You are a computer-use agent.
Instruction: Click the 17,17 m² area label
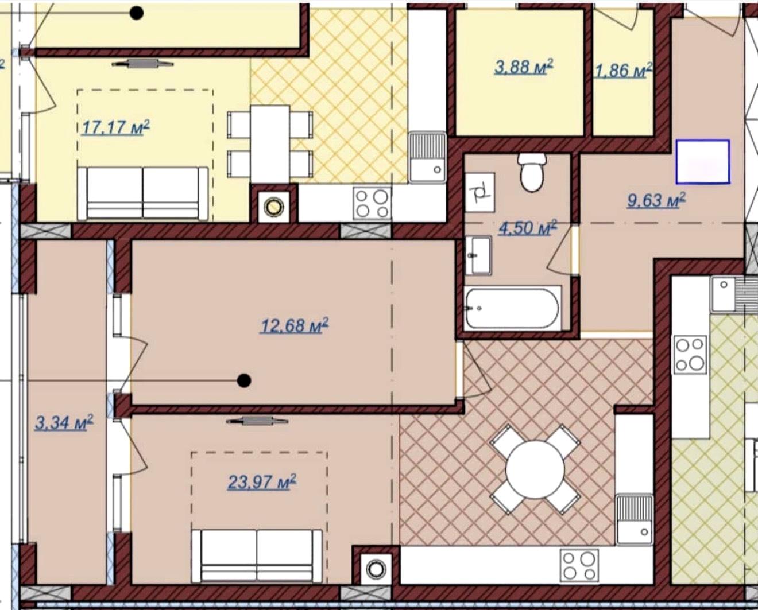click(x=115, y=127)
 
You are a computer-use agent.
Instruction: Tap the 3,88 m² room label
click(x=523, y=67)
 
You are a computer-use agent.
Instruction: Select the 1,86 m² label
click(x=622, y=71)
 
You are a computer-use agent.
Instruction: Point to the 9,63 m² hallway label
click(x=656, y=201)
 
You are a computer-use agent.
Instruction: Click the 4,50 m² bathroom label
click(x=528, y=228)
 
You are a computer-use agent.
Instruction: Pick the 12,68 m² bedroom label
click(x=295, y=325)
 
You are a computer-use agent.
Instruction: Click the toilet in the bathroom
click(x=532, y=173)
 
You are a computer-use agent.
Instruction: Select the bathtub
click(x=512, y=309)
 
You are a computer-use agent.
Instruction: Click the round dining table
click(x=535, y=469)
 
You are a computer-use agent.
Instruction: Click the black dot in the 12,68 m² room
click(x=243, y=380)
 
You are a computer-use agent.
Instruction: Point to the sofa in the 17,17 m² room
click(x=143, y=193)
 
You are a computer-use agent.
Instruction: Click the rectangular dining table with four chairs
click(x=270, y=144)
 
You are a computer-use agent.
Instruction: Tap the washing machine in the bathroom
click(x=479, y=193)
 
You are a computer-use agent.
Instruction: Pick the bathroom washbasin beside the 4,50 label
click(x=478, y=255)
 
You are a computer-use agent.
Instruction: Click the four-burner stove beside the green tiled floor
click(x=690, y=355)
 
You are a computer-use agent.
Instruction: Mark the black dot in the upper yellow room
click(x=137, y=13)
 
